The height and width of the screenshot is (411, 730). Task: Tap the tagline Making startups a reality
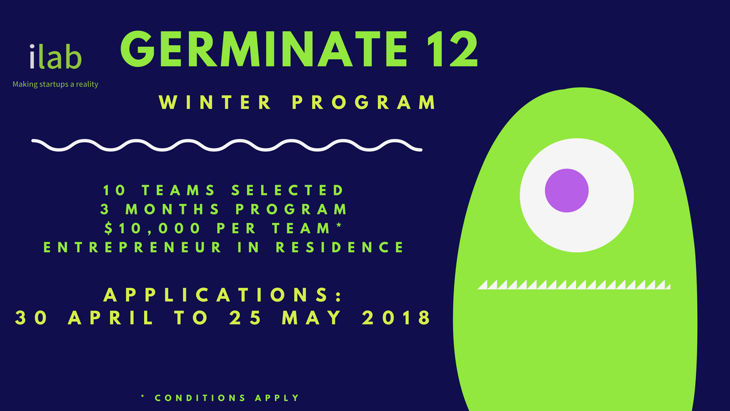pyautogui.click(x=55, y=85)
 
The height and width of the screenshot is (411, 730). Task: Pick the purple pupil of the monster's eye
pyautogui.click(x=566, y=191)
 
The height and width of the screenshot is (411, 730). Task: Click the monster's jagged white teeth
pyautogui.click(x=574, y=284)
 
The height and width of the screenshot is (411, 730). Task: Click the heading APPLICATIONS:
pyautogui.click(x=222, y=295)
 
